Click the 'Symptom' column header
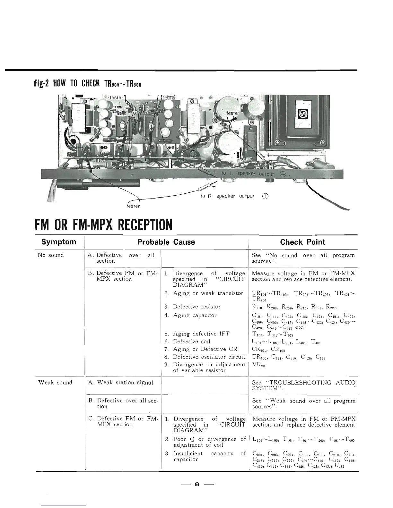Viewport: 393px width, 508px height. click(x=59, y=242)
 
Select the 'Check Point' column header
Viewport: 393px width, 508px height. click(x=302, y=242)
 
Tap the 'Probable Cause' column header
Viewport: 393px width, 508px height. click(x=166, y=242)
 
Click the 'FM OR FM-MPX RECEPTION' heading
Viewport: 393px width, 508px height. click(x=104, y=224)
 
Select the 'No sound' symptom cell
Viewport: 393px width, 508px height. click(x=51, y=255)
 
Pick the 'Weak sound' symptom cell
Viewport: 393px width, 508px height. click(x=55, y=382)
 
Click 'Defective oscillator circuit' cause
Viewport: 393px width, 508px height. click(x=209, y=357)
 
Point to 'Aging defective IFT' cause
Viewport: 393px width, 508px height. click(x=201, y=334)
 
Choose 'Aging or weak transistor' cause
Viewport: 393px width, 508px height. click(x=208, y=293)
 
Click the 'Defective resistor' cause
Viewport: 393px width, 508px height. click(x=197, y=307)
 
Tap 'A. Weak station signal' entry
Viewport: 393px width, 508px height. click(x=120, y=382)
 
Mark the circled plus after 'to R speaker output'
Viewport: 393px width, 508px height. click(x=265, y=196)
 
